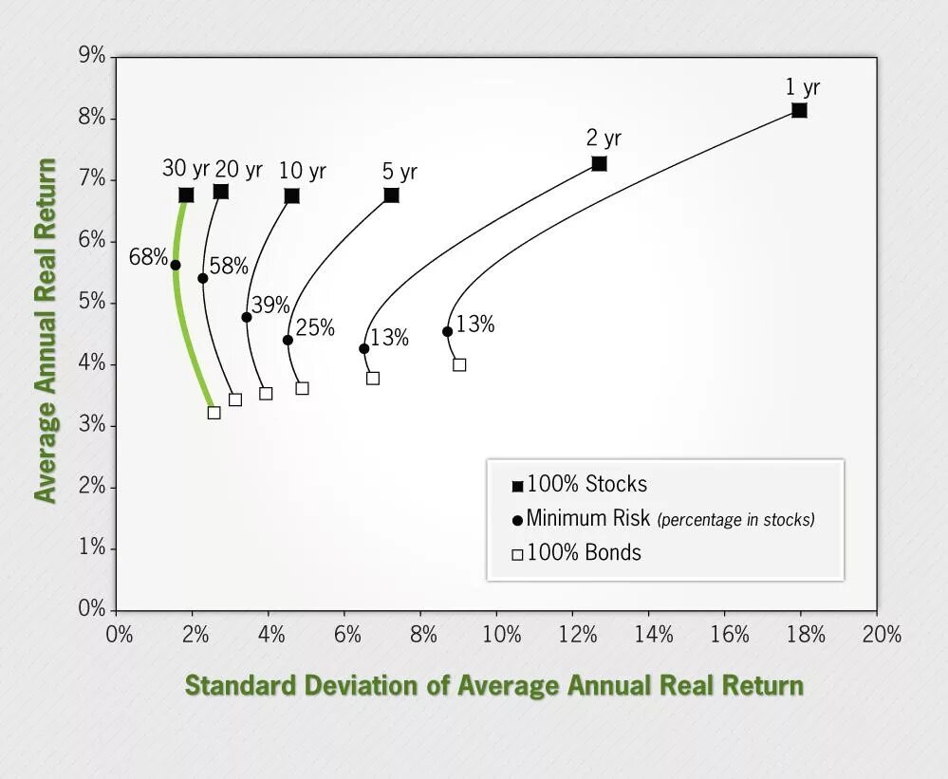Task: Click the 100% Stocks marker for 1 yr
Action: point(799,111)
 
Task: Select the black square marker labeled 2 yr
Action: point(599,164)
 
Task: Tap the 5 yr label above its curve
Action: point(400,172)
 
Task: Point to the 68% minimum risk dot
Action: point(175,265)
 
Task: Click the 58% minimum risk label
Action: point(229,266)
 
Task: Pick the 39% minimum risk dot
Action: point(247,317)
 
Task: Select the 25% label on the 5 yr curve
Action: point(315,327)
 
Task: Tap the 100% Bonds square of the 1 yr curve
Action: point(459,364)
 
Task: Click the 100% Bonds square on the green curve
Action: point(214,412)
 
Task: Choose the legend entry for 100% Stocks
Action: point(579,485)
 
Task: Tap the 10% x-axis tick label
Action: point(500,634)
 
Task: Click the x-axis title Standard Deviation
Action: point(493,685)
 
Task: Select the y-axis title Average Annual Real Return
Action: point(45,330)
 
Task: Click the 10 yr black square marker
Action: point(291,196)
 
